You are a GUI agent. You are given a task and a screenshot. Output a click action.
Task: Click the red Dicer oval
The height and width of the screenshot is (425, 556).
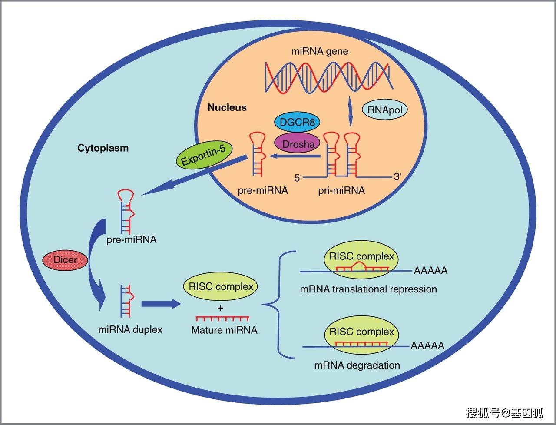click(x=65, y=260)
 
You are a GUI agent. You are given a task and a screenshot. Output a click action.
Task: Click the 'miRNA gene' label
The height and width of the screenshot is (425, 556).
click(x=320, y=51)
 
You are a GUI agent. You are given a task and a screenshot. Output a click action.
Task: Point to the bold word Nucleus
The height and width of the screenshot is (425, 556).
click(x=227, y=107)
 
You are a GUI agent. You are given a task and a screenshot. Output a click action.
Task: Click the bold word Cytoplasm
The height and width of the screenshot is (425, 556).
click(x=103, y=148)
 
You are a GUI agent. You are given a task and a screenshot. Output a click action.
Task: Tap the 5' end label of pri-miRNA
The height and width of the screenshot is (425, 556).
click(x=298, y=177)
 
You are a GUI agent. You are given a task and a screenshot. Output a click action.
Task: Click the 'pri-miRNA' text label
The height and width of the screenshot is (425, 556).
click(x=341, y=190)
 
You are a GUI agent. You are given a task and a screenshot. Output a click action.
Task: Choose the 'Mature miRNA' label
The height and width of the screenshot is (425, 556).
click(x=224, y=330)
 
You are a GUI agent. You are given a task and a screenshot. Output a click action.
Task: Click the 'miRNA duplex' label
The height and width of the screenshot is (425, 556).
click(x=130, y=329)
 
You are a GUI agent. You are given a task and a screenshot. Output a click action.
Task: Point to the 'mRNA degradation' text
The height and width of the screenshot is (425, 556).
click(x=357, y=365)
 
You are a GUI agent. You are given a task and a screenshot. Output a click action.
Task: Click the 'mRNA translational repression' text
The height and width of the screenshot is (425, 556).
click(x=368, y=289)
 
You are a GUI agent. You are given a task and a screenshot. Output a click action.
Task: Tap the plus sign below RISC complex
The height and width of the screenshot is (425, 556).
click(x=221, y=308)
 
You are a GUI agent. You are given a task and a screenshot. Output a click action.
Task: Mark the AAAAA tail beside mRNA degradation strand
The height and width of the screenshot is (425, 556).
click(x=427, y=346)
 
